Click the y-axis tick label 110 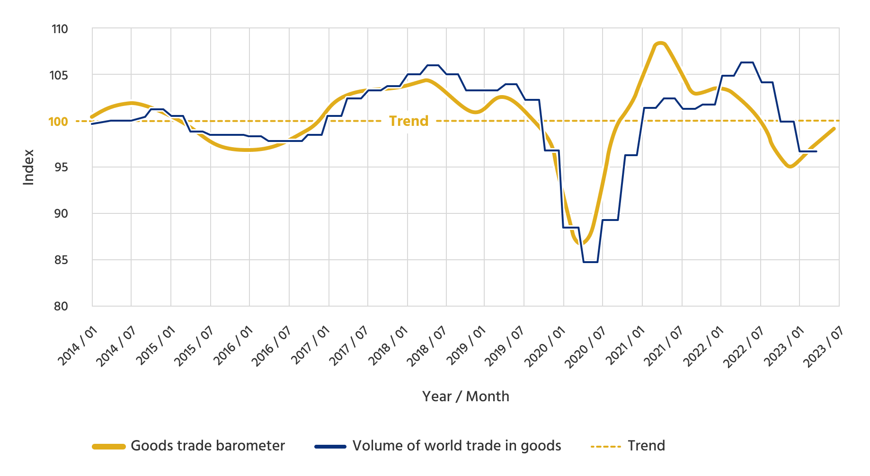point(60,29)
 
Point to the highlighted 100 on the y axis point(58,122)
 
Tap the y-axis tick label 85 point(61,260)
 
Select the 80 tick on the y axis point(61,306)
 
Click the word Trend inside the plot point(408,121)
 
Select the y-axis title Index point(29,167)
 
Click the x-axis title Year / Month point(466,397)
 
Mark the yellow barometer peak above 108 point(661,43)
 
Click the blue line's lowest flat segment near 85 point(590,262)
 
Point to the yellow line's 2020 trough point(582,244)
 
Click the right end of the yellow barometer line point(834,128)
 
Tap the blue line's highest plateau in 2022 point(746,62)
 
